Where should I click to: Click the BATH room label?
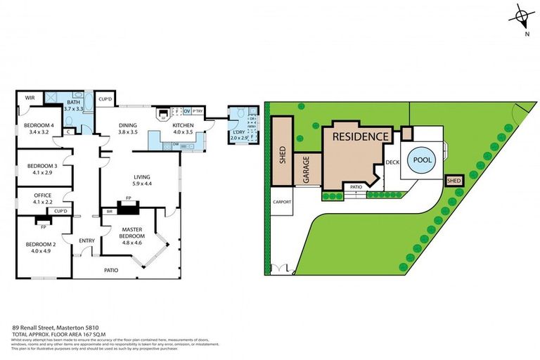pyautogui.click(x=74, y=102)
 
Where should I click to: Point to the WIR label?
pyautogui.click(x=30, y=98)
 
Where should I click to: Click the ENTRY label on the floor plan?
pyautogui.click(x=86, y=241)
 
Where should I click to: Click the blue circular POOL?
pyautogui.click(x=422, y=160)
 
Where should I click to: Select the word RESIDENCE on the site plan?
pyautogui.click(x=359, y=136)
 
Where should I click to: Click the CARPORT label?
pyautogui.click(x=281, y=201)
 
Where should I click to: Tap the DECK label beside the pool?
pyautogui.click(x=392, y=163)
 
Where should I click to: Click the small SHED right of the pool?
pyautogui.click(x=454, y=181)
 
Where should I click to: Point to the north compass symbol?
pyautogui.click(x=522, y=16)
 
